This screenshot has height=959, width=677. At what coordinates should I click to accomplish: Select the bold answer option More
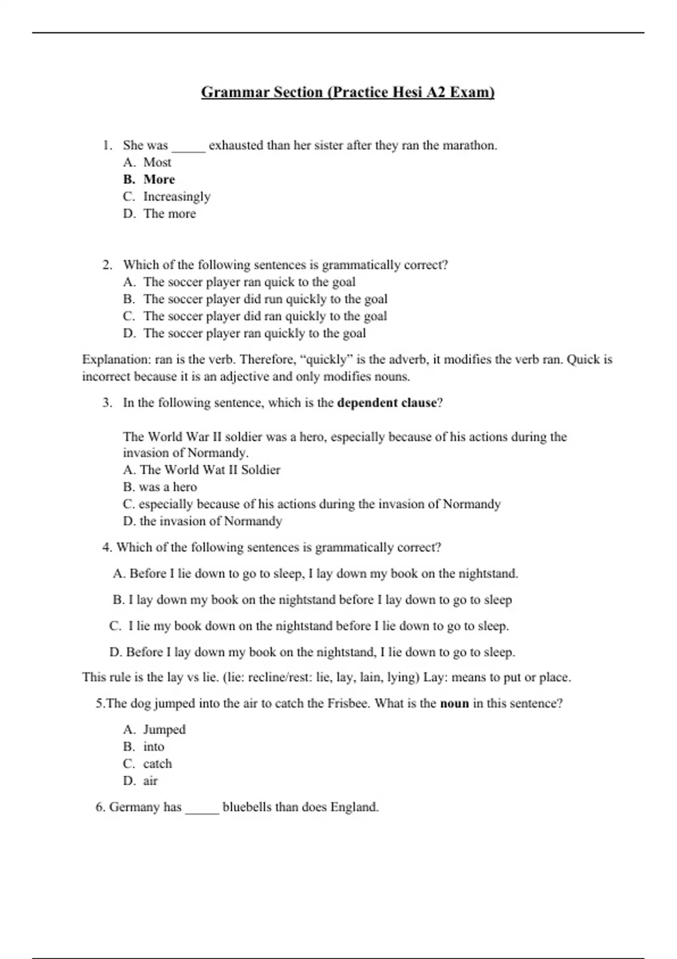click(159, 179)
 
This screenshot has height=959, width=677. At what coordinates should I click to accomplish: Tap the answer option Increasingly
click(177, 197)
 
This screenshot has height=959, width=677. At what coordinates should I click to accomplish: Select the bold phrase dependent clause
click(386, 403)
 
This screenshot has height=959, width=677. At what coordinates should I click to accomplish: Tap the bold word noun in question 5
click(454, 703)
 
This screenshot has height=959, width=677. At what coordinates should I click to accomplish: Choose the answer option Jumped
click(164, 729)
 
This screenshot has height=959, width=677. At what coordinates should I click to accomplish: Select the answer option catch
click(157, 764)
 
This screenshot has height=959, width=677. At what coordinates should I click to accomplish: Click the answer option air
click(150, 781)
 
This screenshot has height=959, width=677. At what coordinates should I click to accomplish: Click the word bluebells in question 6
click(247, 807)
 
